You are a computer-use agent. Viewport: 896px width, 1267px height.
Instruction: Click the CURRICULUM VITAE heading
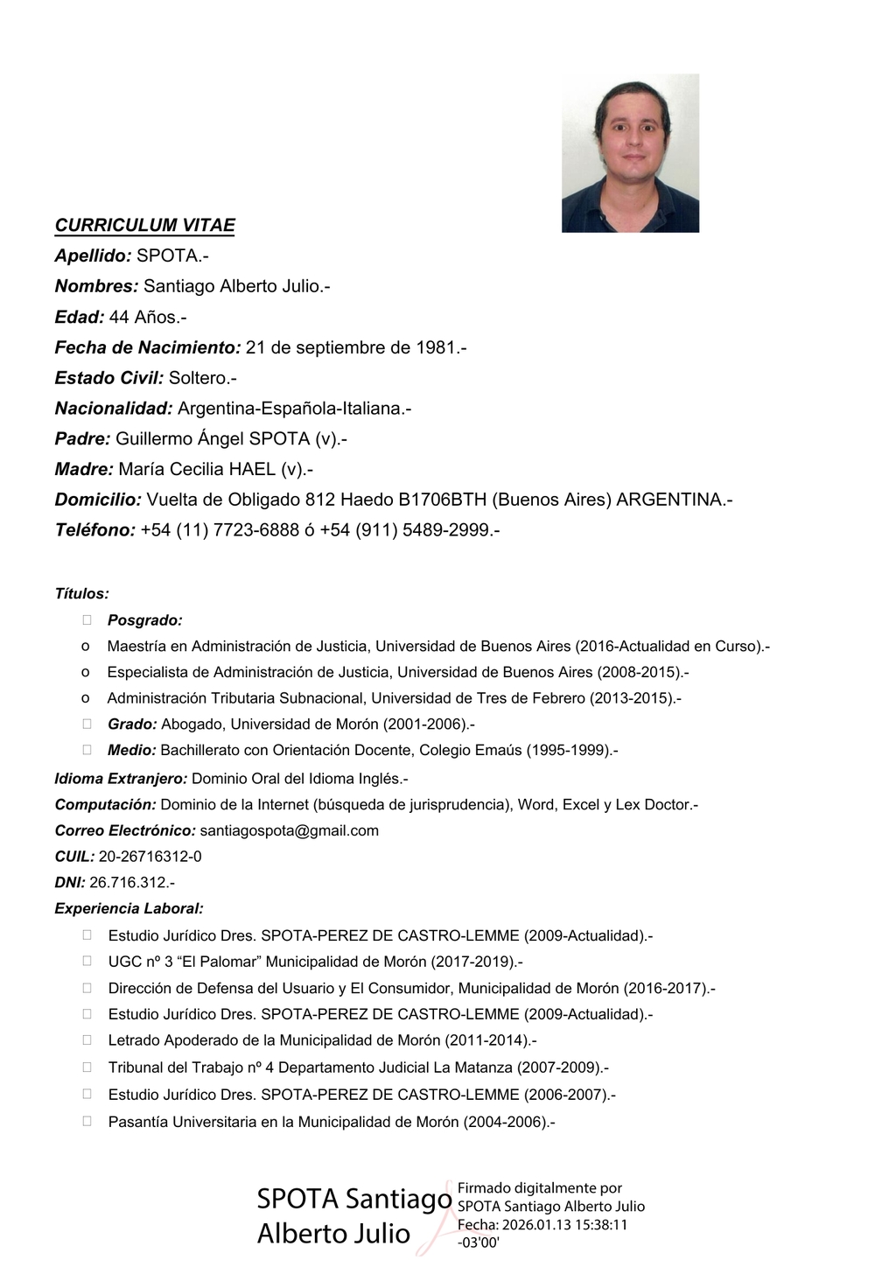tap(144, 225)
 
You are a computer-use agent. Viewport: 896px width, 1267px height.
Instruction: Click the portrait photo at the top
tap(630, 153)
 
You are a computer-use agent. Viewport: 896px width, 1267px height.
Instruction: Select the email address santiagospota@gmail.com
tap(289, 830)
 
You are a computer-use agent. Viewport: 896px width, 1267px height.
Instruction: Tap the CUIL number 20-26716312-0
tap(150, 857)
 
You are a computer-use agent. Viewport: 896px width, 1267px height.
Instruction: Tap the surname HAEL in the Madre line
tap(252, 469)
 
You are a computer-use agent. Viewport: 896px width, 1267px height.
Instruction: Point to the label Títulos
tap(81, 593)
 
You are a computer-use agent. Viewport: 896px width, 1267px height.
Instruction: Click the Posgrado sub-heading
tap(144, 620)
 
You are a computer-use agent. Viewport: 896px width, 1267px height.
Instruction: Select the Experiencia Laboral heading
tap(129, 908)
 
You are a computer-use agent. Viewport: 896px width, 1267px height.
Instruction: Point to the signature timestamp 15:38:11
tap(599, 1224)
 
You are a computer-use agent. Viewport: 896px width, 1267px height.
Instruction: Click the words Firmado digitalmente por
tap(540, 1188)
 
